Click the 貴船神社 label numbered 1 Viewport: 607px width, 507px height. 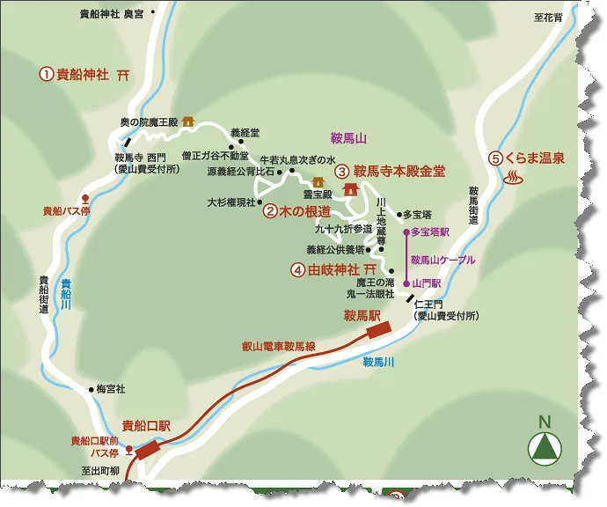[x=82, y=75]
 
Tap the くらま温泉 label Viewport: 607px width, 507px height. [x=535, y=158]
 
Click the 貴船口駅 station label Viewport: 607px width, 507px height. [x=145, y=425]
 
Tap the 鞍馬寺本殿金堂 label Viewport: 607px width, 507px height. [x=399, y=172]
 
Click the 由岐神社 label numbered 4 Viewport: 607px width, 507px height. [x=333, y=269]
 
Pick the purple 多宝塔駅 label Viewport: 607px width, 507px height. [x=430, y=232]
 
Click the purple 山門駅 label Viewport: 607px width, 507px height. [x=427, y=284]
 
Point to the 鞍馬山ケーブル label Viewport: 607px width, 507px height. [x=442, y=260]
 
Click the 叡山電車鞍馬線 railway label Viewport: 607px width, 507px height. [x=278, y=347]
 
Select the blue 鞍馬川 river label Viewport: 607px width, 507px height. [x=378, y=361]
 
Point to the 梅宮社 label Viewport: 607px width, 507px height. [x=111, y=388]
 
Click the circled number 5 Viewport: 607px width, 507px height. [x=496, y=158]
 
